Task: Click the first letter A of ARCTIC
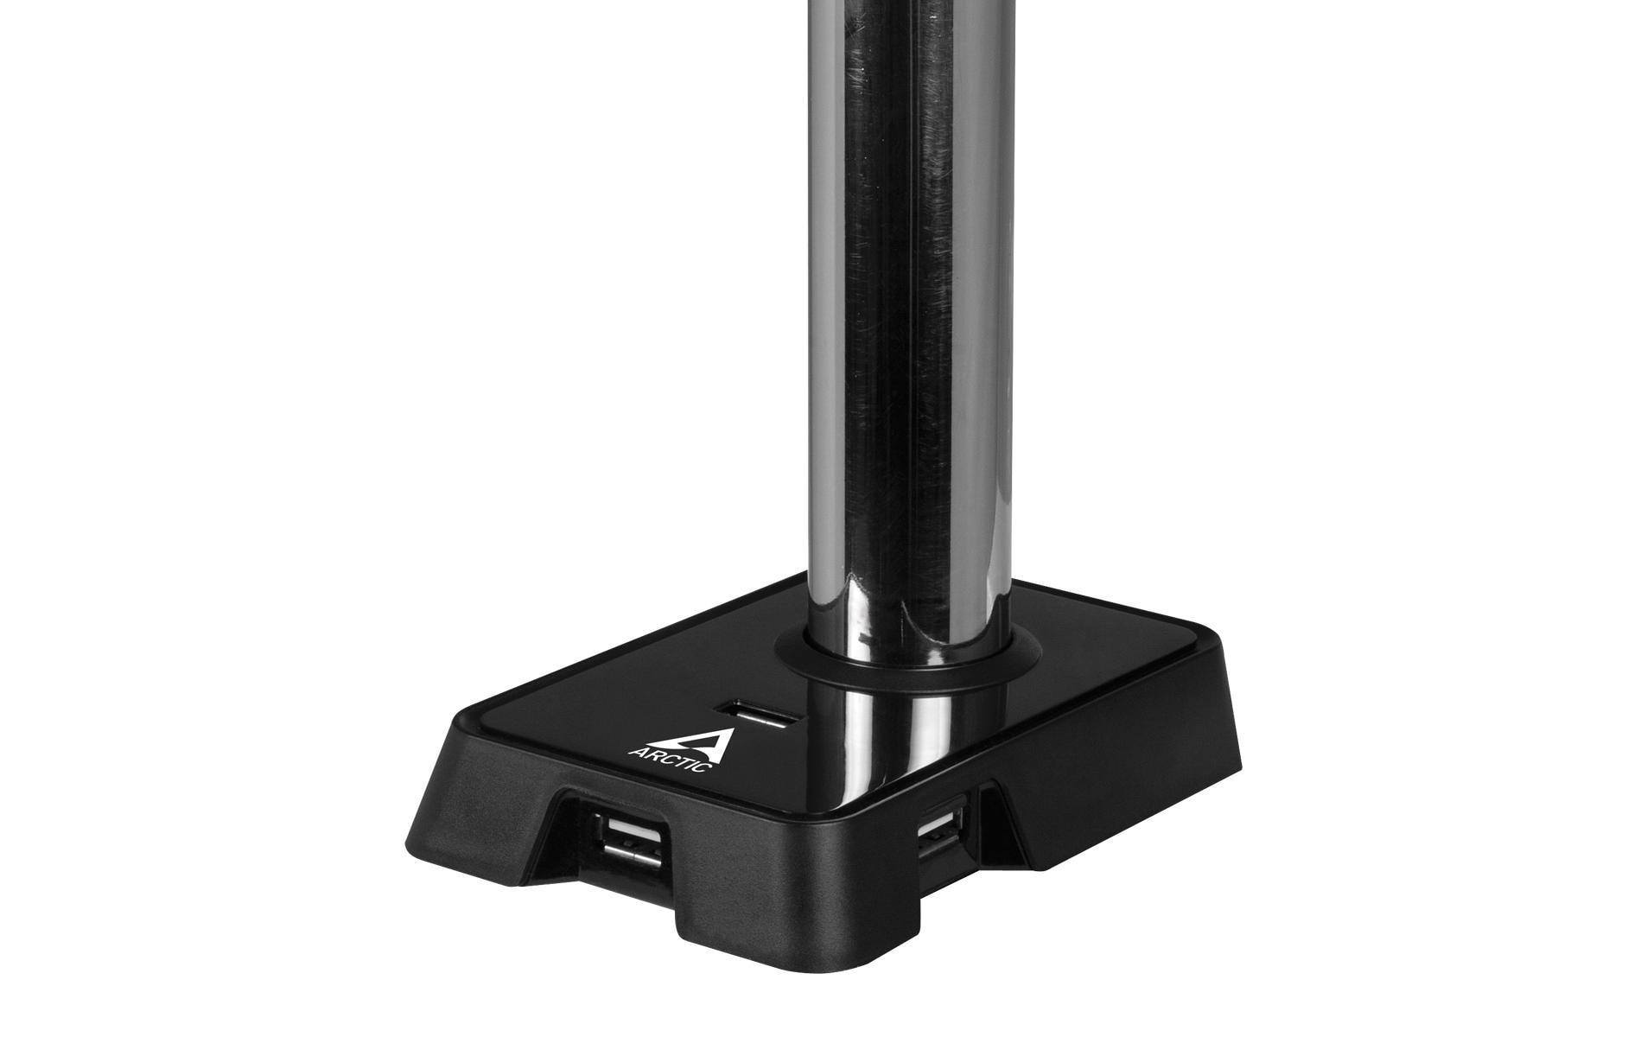coord(643,749)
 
